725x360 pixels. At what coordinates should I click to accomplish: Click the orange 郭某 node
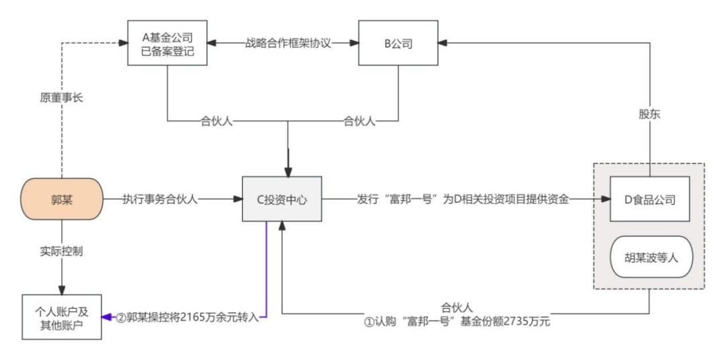[x=62, y=199]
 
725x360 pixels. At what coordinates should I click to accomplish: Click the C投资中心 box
[x=282, y=199]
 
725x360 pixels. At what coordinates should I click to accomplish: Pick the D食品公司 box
[x=650, y=199]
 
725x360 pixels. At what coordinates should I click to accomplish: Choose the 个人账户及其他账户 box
[x=62, y=316]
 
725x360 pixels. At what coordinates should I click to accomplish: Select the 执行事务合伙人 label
[x=160, y=199]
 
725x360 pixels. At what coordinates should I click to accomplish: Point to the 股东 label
[x=650, y=114]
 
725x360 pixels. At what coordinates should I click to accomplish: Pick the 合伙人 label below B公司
[x=360, y=122]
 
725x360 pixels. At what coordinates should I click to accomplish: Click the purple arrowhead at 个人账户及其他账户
[x=107, y=316]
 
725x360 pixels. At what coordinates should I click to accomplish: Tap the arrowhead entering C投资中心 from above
[x=288, y=171]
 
